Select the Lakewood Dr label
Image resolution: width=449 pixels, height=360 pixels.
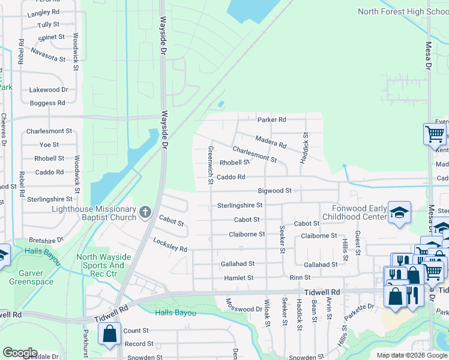pyautogui.click(x=49, y=89)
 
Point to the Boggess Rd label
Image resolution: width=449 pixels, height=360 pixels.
pyautogui.click(x=47, y=103)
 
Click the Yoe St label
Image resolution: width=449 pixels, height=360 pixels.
pyautogui.click(x=49, y=145)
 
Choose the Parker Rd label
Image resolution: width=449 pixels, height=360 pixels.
pyautogui.click(x=272, y=119)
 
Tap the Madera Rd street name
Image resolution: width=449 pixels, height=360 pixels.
pyautogui.click(x=271, y=142)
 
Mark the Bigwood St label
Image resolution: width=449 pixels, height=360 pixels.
pyautogui.click(x=274, y=191)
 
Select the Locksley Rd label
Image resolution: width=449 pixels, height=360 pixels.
pyautogui.click(x=170, y=245)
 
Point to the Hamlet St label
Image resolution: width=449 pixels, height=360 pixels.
pyautogui.click(x=239, y=278)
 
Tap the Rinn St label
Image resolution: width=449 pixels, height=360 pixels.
pyautogui.click(x=300, y=278)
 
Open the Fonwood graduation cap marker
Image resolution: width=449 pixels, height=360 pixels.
pyautogui.click(x=399, y=213)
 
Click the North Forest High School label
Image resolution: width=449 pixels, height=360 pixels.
pyautogui.click(x=403, y=11)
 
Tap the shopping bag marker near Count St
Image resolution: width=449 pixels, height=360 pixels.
pyautogui.click(x=110, y=335)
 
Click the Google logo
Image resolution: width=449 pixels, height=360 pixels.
pyautogui.click(x=20, y=352)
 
